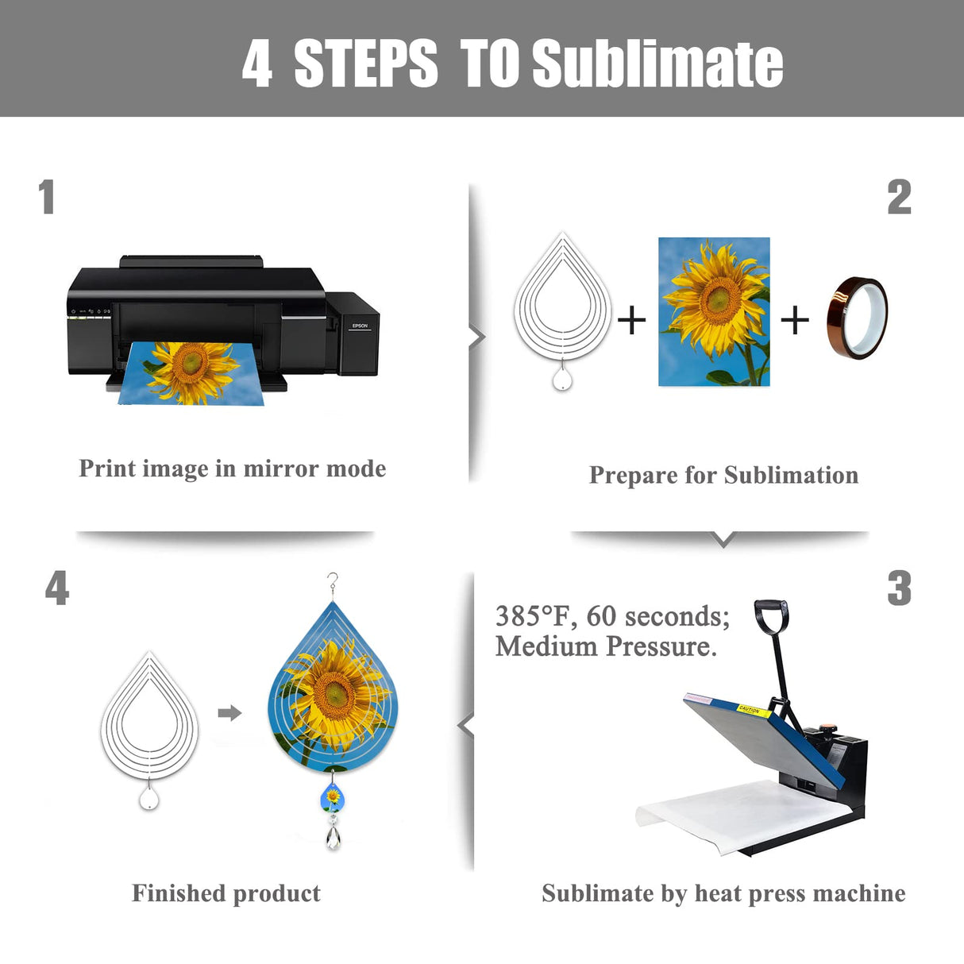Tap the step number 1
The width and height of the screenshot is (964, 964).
tap(47, 197)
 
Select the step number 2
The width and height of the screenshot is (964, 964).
tap(899, 197)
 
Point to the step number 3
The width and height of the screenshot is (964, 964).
tap(899, 588)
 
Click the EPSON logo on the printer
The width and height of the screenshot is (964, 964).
tap(360, 326)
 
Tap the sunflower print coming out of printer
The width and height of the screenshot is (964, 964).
tap(191, 373)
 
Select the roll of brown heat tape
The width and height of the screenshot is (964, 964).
tap(857, 318)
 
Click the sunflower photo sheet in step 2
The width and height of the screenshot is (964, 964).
tap(714, 311)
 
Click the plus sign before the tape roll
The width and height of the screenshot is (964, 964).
tap(795, 320)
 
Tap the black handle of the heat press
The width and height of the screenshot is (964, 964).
tap(771, 616)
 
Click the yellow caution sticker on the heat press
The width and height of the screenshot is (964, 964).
tap(754, 711)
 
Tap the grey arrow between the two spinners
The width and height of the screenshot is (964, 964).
tap(230, 713)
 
